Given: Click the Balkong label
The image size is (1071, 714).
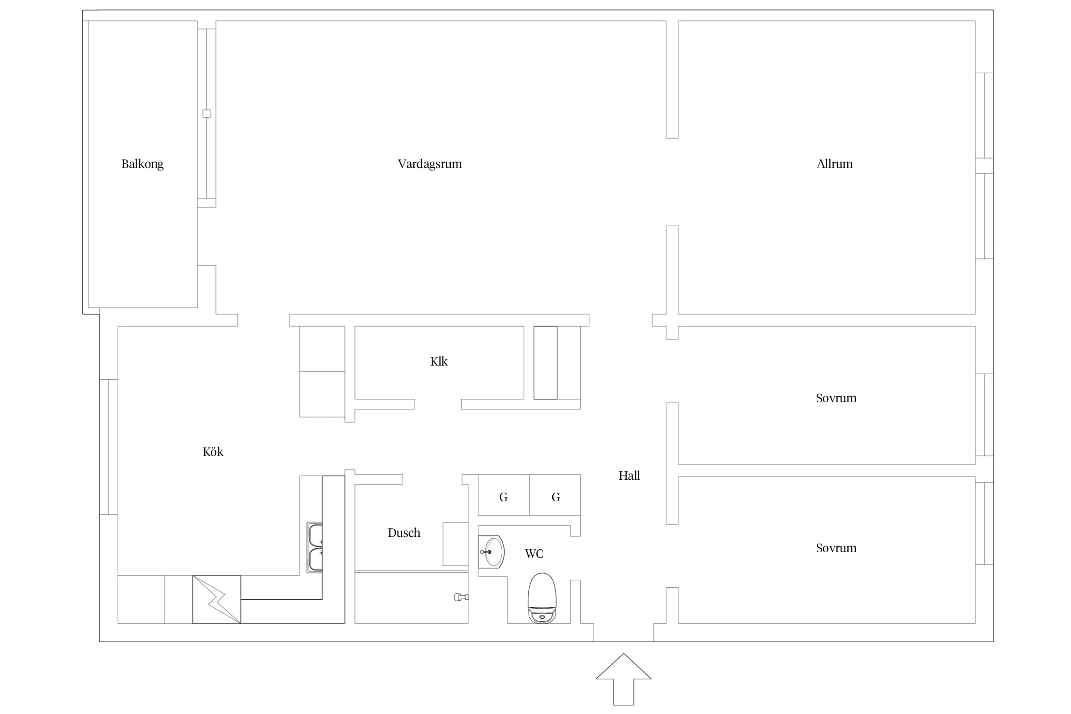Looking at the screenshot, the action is tap(142, 164).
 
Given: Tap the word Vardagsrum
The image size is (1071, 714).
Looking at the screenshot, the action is tap(430, 164).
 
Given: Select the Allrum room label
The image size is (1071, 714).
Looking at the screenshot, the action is tap(834, 164).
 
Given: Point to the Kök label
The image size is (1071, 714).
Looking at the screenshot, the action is tap(213, 452).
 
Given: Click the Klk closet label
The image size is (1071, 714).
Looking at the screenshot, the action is tap(439, 361).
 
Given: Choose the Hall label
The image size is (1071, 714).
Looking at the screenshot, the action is tap(629, 476).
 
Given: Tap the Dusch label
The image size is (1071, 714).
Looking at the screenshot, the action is tap(404, 533).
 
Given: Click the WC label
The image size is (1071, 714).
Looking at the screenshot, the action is tap(534, 554).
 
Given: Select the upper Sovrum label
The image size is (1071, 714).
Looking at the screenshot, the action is tap(836, 398).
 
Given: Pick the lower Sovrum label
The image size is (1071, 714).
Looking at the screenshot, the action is tap(836, 548).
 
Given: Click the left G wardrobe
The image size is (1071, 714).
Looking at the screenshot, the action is tap(504, 496).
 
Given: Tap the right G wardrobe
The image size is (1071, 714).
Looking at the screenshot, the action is tap(555, 496).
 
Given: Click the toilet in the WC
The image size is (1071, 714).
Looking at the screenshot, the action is tap(542, 597).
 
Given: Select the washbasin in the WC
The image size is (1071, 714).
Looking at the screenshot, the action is tap(491, 552).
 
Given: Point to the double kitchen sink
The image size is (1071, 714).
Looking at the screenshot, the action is tap(315, 547).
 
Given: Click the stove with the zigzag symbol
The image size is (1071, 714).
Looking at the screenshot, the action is tap(217, 599).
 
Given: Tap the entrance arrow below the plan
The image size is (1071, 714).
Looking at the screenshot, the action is tap(624, 679).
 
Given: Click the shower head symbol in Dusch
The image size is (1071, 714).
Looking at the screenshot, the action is tap(461, 597).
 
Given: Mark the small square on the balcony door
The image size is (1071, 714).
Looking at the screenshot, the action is tap(207, 114).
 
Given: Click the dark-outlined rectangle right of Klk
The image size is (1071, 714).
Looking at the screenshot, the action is tap(545, 363).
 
